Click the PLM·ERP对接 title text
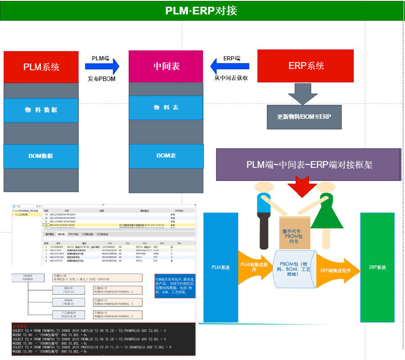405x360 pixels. (x=201, y=10)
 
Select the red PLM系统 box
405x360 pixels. (x=41, y=67)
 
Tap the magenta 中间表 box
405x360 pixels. (x=166, y=67)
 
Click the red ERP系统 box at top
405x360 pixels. (x=305, y=66)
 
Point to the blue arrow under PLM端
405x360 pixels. (x=102, y=67)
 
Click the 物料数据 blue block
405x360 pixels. (x=41, y=110)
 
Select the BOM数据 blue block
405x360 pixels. (x=41, y=156)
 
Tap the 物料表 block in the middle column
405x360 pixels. (x=166, y=108)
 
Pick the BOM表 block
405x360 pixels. (x=166, y=155)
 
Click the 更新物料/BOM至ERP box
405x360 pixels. (x=304, y=117)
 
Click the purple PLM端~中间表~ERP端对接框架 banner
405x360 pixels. (x=309, y=165)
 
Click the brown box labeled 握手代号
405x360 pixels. (x=295, y=232)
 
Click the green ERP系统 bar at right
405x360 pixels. (x=377, y=267)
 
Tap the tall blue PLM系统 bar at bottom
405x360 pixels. (x=221, y=267)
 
